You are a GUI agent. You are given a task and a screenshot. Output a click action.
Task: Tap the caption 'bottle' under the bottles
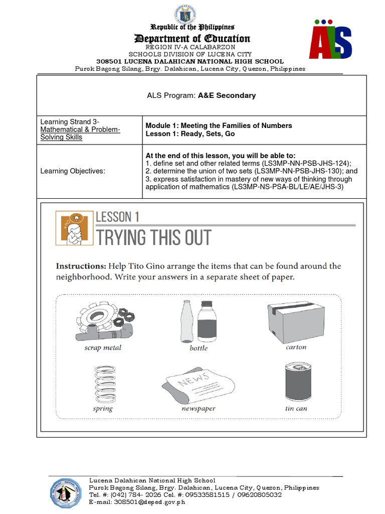pyautogui.click(x=199, y=348)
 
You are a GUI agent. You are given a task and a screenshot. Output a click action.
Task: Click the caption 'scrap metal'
pyautogui.click(x=103, y=347)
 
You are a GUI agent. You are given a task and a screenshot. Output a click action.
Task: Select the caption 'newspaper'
pyautogui.click(x=199, y=409)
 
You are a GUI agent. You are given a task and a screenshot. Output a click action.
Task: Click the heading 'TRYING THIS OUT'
pyautogui.click(x=154, y=238)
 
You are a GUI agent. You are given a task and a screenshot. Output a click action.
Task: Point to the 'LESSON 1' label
pyautogui.click(x=117, y=217)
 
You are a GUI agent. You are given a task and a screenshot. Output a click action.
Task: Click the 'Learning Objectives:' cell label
pyautogui.click(x=73, y=172)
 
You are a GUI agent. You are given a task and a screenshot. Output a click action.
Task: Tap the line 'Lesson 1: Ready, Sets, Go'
pyautogui.click(x=190, y=134)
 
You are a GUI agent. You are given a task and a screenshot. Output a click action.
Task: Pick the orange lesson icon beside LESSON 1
pyautogui.click(x=75, y=228)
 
